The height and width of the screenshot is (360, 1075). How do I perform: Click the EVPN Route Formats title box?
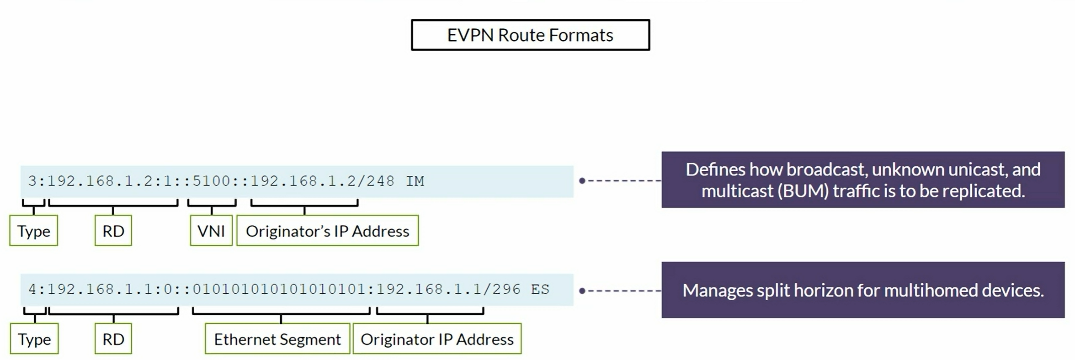530,35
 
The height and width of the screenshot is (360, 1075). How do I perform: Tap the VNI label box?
211,231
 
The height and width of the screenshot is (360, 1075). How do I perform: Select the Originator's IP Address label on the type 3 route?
327,231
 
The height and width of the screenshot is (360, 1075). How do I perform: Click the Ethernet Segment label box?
277,339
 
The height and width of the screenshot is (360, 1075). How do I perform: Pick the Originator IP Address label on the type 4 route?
437,339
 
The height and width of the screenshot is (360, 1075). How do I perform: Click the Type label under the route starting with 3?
34,231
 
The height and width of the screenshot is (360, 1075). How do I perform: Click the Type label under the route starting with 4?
34,339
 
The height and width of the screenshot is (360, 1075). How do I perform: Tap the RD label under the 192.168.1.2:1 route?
113,231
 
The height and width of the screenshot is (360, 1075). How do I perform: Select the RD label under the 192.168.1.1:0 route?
113,339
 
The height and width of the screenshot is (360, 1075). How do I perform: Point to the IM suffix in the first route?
415,181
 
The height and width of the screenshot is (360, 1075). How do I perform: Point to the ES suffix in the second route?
540,289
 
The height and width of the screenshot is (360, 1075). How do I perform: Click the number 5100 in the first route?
211,181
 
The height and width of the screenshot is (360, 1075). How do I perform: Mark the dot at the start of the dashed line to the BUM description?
582,181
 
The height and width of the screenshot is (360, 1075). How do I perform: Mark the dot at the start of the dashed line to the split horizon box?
582,291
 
